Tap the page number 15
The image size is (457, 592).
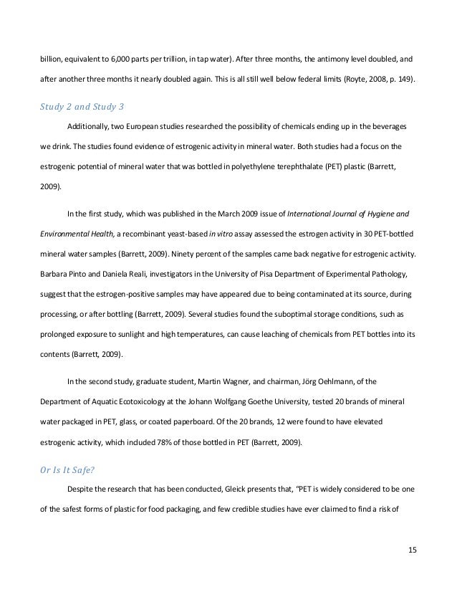click(411, 550)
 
